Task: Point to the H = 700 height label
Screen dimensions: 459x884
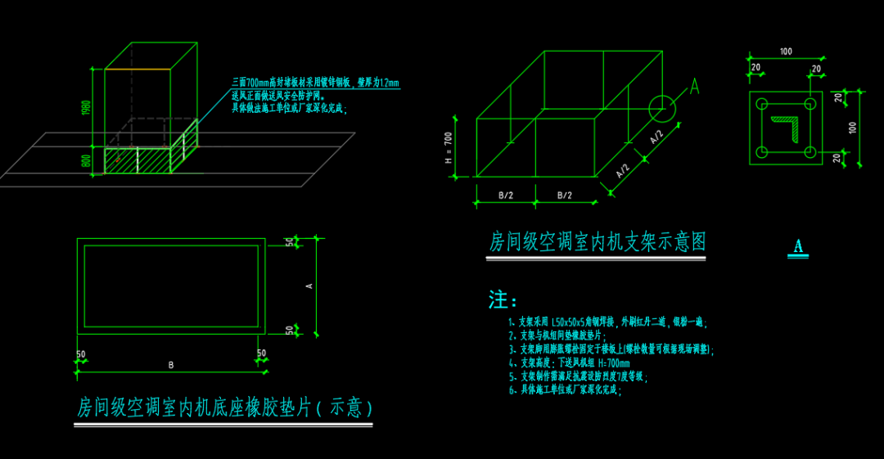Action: (x=449, y=148)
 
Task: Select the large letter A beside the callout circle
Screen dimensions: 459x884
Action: (x=694, y=87)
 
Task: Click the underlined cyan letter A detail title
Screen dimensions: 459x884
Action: (x=798, y=247)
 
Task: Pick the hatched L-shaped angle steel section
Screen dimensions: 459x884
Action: (x=786, y=128)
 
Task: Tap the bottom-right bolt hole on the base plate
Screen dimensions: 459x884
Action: (x=810, y=151)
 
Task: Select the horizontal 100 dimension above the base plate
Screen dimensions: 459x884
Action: (x=786, y=52)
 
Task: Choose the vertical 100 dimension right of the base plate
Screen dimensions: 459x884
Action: (x=853, y=128)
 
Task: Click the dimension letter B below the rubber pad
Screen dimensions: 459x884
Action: (x=171, y=365)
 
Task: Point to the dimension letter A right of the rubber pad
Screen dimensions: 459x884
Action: (x=309, y=286)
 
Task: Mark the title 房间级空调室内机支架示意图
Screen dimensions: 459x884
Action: (x=597, y=242)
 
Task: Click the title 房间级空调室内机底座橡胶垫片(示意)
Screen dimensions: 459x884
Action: (x=224, y=407)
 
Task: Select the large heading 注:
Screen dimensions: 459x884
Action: (x=503, y=299)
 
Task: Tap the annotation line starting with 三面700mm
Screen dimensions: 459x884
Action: (x=315, y=83)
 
